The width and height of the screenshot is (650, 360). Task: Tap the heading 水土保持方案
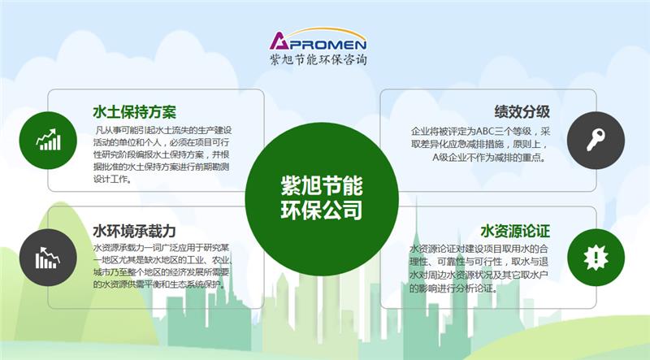135,111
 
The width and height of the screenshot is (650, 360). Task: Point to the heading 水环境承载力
135,230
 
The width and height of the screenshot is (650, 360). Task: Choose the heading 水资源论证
515,230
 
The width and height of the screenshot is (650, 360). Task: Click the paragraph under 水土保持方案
163,154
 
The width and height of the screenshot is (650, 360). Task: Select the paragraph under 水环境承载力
163,267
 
